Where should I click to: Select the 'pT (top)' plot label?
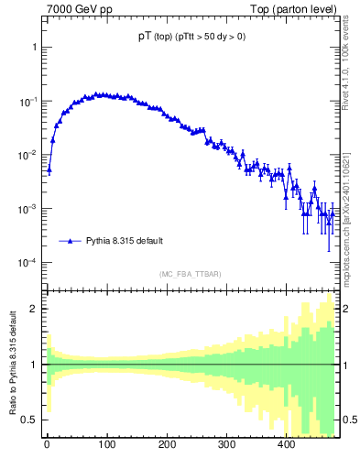click(152, 37)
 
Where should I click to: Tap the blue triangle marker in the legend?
click(70, 241)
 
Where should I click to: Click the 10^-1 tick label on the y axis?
click(27, 101)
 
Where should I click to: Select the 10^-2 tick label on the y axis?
click(27, 155)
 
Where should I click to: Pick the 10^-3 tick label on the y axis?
click(27, 209)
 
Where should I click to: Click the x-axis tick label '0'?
click(47, 445)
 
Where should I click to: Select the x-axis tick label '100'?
click(106, 445)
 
